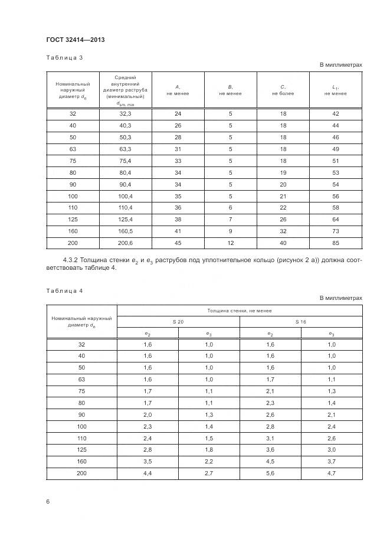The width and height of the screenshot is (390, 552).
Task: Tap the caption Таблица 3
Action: click(x=64, y=57)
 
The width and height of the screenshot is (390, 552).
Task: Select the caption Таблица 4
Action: click(x=64, y=290)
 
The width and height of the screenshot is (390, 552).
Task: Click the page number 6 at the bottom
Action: click(x=48, y=501)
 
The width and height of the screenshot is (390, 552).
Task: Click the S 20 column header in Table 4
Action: click(x=178, y=322)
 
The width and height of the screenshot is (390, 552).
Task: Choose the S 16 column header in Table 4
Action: click(x=300, y=322)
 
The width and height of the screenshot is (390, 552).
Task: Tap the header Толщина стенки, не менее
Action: click(x=239, y=311)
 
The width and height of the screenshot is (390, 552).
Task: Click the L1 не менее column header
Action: click(x=335, y=90)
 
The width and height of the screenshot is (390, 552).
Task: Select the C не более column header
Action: click(x=283, y=90)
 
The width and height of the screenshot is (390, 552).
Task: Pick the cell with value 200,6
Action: click(x=126, y=243)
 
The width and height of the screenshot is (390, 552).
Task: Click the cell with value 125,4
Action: click(x=126, y=219)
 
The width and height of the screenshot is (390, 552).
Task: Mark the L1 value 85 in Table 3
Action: click(x=335, y=243)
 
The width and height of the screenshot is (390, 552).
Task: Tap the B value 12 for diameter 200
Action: click(x=230, y=243)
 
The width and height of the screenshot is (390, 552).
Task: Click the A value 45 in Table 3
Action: click(x=178, y=243)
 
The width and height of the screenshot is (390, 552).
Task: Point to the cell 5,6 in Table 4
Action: click(x=270, y=474)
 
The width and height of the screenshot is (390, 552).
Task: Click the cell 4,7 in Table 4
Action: click(x=331, y=474)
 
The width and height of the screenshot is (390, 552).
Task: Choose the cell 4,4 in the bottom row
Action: click(x=147, y=474)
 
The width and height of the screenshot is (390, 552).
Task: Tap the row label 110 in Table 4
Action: click(x=81, y=439)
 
